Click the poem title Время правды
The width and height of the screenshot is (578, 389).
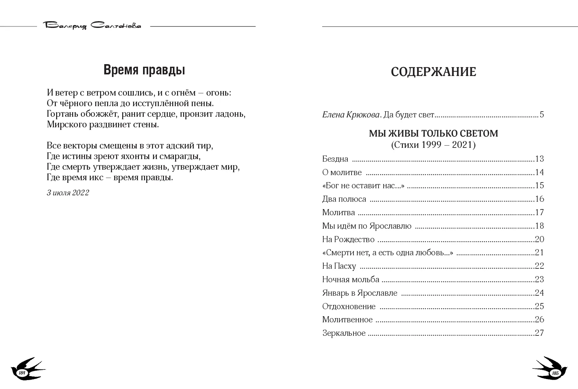tap(144, 70)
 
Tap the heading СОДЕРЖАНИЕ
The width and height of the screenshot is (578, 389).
tap(433, 72)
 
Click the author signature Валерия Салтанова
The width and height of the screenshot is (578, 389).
tap(93, 26)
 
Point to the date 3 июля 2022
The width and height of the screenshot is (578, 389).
tap(68, 193)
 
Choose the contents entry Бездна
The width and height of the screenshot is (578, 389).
tap(335, 159)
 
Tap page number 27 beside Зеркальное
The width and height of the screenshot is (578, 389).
tap(539, 333)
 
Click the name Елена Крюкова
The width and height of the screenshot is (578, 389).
tap(351, 115)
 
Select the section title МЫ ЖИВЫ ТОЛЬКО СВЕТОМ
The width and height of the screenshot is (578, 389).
tap(433, 133)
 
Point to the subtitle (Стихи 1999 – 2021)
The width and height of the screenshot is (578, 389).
tap(433, 145)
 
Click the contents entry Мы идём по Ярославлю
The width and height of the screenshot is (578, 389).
tap(367, 226)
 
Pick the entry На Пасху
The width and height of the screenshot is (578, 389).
tap(339, 266)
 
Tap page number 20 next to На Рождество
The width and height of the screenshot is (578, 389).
tap(539, 239)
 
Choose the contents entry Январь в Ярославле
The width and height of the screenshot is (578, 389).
tap(360, 293)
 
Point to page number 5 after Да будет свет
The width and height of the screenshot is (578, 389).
tap(542, 115)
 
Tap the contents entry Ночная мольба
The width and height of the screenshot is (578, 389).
tap(351, 280)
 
